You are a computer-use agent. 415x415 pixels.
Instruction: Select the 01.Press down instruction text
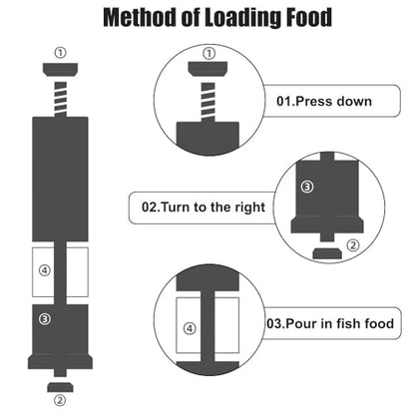coord(324,101)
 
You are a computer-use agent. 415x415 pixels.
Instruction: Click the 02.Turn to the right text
coord(204,207)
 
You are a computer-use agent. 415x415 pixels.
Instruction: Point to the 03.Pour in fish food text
coord(330,323)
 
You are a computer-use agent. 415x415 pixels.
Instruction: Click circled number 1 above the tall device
coord(60,53)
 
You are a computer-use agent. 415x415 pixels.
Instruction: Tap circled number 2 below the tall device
coord(60,400)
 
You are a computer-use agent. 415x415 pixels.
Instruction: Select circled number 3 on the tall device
coord(45,319)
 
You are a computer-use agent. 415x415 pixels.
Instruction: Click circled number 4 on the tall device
coord(45,270)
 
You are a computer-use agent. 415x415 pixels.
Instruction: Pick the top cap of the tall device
coord(60,70)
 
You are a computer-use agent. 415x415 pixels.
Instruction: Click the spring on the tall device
coord(61,99)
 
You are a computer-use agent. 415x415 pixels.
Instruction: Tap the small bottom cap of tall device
coord(60,387)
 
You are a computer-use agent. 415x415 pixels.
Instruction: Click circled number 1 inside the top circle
coord(208,54)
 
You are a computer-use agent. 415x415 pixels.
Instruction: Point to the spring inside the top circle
coord(208,103)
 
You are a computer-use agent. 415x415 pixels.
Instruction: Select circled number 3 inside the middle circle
coord(307,187)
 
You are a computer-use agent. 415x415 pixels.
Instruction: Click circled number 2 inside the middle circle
coord(353,245)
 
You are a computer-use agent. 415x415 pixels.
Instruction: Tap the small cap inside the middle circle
coord(327,253)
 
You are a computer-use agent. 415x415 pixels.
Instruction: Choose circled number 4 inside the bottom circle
coord(190,329)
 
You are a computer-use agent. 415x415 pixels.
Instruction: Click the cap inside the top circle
coord(207,69)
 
